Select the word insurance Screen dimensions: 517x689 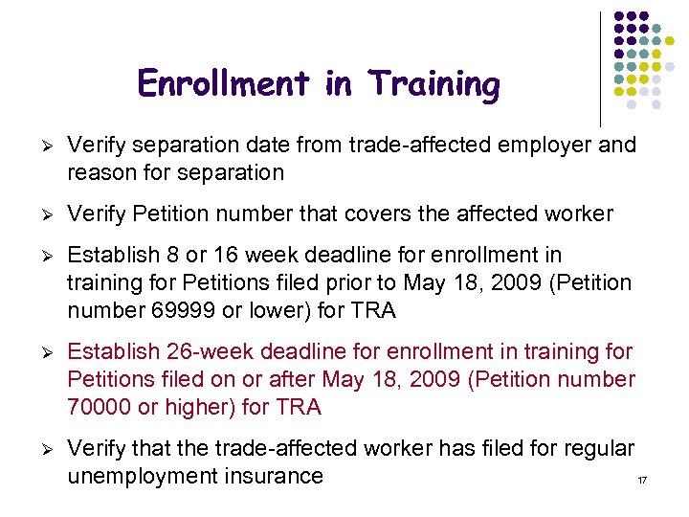click(278, 476)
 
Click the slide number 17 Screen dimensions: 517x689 click(642, 478)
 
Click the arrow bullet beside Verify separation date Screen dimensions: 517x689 click(41, 146)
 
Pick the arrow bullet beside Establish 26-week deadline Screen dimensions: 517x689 click(41, 353)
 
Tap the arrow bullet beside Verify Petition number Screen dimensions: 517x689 click(41, 214)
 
